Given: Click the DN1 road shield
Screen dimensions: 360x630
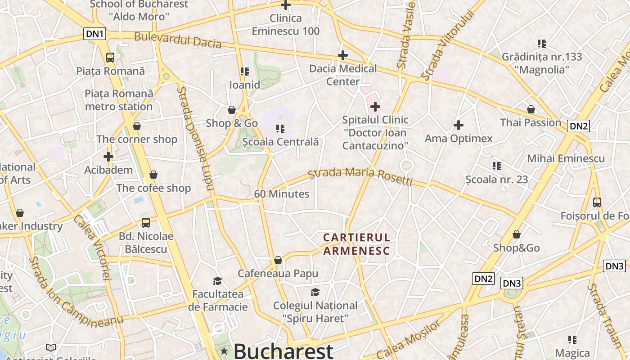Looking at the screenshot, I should click(95, 34).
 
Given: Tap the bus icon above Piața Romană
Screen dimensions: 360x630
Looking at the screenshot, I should click(110, 58).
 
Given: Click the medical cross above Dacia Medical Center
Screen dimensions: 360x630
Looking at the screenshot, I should click(343, 55).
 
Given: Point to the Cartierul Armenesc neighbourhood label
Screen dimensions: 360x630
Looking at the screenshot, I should click(356, 244).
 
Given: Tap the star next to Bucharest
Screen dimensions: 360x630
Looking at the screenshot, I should click(224, 351).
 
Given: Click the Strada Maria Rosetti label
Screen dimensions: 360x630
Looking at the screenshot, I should click(360, 176).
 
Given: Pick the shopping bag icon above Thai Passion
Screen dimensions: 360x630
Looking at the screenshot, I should click(531, 109).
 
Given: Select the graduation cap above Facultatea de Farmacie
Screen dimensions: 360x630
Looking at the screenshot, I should click(218, 281).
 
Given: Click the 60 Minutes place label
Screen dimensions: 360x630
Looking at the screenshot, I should click(282, 194).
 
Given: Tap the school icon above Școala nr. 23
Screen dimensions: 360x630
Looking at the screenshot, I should click(496, 166).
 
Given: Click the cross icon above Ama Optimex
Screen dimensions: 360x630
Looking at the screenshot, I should click(459, 125).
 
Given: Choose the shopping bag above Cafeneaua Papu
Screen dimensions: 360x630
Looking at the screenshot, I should click(278, 260).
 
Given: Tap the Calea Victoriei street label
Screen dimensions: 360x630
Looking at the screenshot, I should click(92, 247).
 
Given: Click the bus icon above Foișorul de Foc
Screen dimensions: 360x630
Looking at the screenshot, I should click(597, 202).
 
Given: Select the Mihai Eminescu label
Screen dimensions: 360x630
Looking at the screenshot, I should click(566, 158).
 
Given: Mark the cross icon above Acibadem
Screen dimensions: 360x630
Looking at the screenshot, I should click(108, 157).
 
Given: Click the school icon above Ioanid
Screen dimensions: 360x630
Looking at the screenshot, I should click(245, 72).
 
